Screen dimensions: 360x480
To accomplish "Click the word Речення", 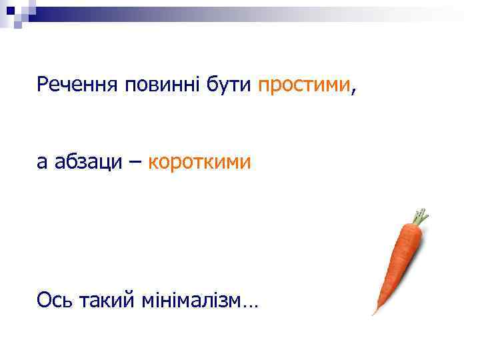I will click(74, 85).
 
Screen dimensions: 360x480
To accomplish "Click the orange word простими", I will click(303, 85).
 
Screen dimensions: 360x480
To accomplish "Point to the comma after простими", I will click(351, 90).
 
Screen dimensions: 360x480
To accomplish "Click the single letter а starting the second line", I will click(43, 161).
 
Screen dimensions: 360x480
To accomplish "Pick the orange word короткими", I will click(199, 161).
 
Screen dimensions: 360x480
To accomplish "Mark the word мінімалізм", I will click(191, 301).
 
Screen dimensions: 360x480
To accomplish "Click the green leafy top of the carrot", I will click(419, 217).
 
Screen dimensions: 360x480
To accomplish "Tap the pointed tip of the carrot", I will click(375, 311).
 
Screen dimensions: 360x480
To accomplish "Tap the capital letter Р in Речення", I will click(43, 85).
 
